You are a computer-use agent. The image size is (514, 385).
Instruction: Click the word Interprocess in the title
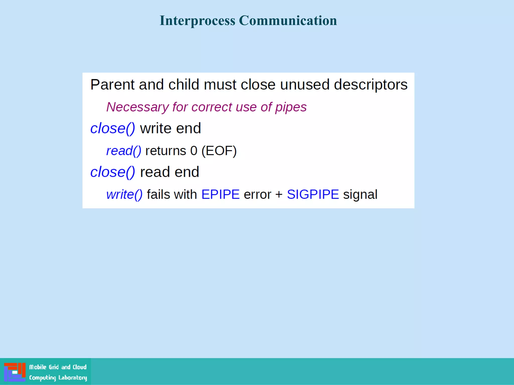click(197, 21)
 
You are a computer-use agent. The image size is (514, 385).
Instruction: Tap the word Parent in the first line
click(112, 84)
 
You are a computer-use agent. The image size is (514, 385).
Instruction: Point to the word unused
click(304, 84)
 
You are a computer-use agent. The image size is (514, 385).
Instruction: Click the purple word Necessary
click(137, 107)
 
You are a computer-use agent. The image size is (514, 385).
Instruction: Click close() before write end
click(112, 128)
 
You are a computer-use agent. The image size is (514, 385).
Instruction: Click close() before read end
click(112, 172)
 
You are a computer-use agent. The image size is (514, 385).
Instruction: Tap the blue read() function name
click(123, 151)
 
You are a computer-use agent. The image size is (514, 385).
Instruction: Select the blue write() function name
click(124, 195)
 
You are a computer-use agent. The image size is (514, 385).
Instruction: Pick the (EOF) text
click(219, 151)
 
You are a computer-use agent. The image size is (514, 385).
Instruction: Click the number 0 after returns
click(194, 151)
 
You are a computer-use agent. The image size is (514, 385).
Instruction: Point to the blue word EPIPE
click(220, 195)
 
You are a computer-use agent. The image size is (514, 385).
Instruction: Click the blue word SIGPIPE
click(313, 195)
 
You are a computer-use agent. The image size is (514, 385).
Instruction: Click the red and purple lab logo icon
click(15, 372)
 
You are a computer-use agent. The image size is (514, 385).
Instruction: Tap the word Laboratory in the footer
click(73, 377)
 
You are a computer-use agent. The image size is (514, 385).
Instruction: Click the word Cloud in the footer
click(80, 367)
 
